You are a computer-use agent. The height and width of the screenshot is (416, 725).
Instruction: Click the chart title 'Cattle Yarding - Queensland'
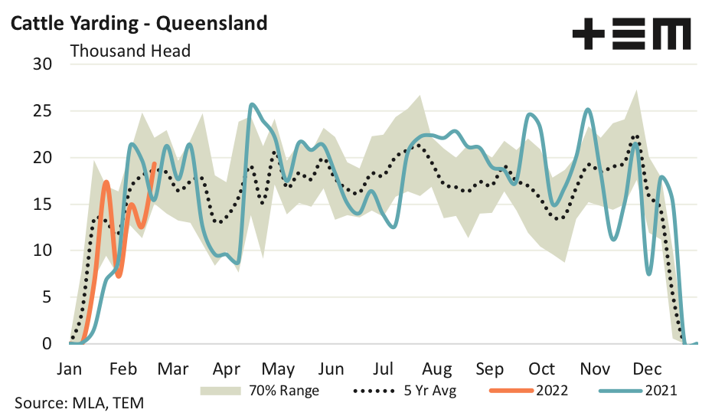[138, 23]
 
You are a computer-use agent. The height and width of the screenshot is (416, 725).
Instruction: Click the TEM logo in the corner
[632, 35]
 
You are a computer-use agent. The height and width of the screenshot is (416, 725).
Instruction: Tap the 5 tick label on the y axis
[46, 297]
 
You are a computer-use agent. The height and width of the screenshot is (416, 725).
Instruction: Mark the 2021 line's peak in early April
[252, 104]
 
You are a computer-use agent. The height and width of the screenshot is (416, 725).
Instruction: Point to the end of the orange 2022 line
[155, 162]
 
